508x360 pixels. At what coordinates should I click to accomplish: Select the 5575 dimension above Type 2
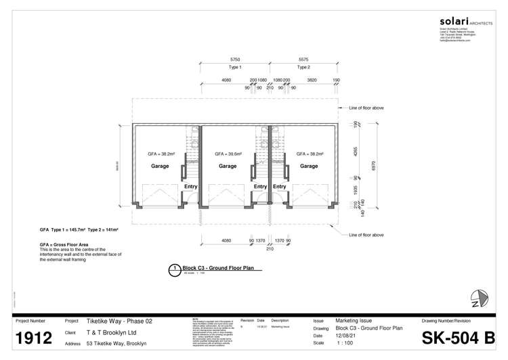tap(303, 60)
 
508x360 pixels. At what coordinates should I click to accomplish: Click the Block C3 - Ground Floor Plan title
tap(213, 268)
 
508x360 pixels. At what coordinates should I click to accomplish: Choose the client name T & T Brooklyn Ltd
tap(112, 332)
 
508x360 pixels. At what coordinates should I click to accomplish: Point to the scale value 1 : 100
tap(345, 343)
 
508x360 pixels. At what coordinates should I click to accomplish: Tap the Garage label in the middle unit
tap(228, 166)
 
